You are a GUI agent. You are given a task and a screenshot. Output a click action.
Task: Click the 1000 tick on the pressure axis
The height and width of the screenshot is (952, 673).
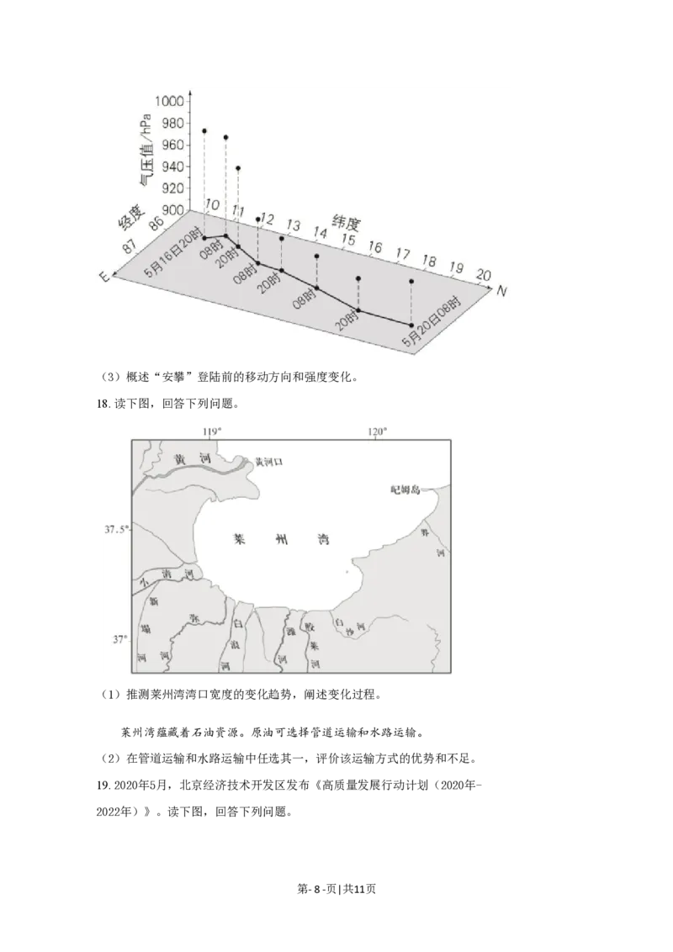tap(170, 100)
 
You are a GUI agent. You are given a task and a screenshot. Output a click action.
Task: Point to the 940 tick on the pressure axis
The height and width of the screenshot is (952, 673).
tap(173, 167)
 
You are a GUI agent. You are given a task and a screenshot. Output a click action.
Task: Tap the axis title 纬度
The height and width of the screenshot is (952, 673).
tap(344, 224)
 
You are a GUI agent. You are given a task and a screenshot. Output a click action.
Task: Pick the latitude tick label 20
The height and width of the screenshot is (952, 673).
tap(483, 274)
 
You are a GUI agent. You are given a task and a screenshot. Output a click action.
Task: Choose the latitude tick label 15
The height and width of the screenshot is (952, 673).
tap(347, 240)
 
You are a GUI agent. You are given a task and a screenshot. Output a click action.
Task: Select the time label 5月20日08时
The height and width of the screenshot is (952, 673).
tap(432, 321)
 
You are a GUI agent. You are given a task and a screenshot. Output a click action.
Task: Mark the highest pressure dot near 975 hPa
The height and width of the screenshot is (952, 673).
tap(204, 131)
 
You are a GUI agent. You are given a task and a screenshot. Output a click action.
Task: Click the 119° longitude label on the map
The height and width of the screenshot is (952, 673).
tap(212, 431)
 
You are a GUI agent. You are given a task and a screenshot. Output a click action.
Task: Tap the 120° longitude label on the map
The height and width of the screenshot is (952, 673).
tap(376, 431)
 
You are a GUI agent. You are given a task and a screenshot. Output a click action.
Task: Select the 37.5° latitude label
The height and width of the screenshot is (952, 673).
tap(116, 530)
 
